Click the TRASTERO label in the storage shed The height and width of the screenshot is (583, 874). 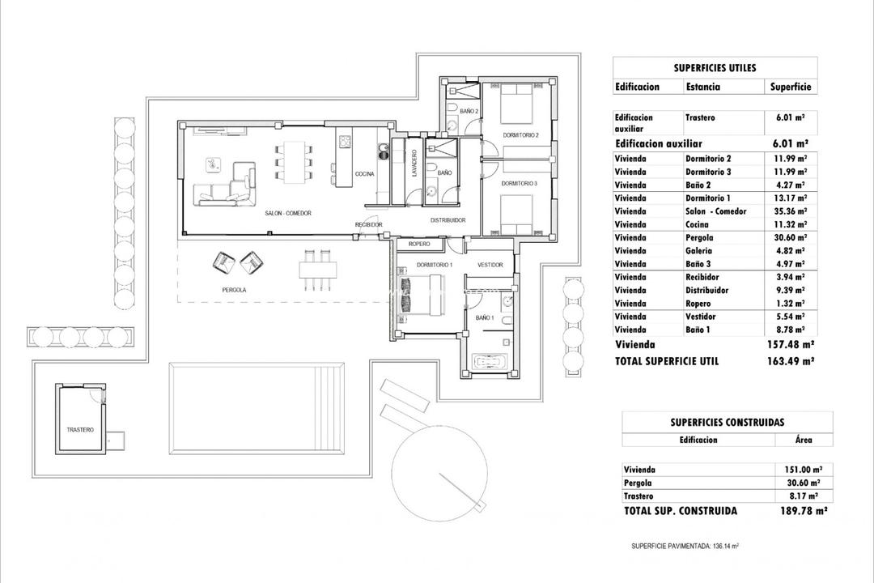[80, 429]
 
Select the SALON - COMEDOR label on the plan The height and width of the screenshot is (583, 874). [288, 213]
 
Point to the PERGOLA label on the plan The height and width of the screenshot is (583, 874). [234, 289]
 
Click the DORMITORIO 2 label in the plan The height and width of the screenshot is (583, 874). [520, 135]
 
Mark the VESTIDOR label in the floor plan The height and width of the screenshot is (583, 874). [490, 265]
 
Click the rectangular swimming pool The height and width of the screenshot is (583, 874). [255, 408]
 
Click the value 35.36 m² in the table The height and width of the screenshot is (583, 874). [790, 211]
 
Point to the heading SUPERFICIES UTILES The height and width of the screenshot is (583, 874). [715, 69]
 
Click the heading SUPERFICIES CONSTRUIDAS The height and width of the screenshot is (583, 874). [727, 422]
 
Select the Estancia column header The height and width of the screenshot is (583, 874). [703, 87]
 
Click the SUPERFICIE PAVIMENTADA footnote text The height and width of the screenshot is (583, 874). [685, 547]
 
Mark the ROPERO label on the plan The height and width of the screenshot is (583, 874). [418, 244]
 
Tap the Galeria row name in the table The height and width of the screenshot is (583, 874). [701, 251]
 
